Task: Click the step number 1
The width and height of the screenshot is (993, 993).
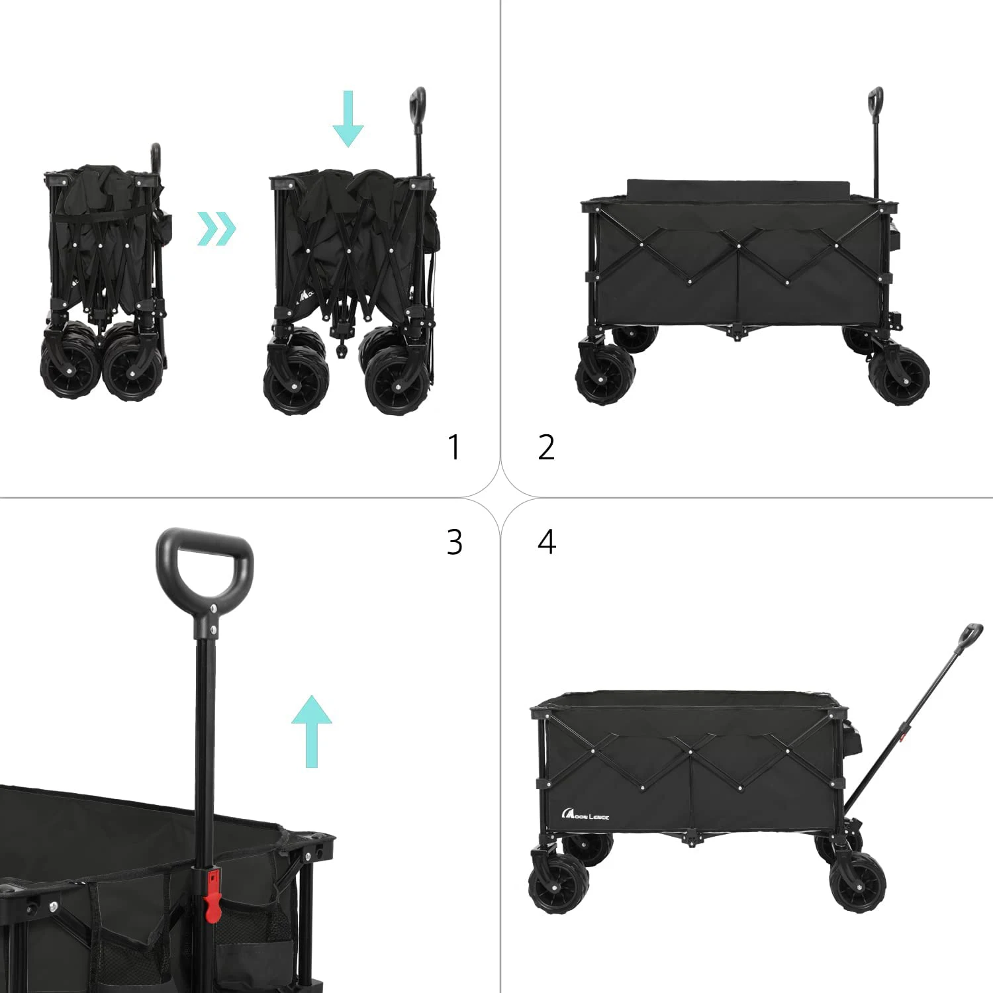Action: [x=454, y=448]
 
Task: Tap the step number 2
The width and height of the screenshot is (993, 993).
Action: [x=546, y=448]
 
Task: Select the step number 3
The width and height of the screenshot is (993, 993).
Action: [x=454, y=542]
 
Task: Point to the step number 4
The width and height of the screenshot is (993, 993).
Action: [x=547, y=542]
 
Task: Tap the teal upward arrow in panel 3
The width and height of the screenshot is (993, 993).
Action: [x=312, y=731]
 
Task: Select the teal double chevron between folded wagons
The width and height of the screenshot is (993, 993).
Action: [x=216, y=229]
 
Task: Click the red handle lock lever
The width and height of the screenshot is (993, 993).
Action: [x=213, y=891]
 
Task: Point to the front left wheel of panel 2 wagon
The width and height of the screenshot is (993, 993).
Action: [x=604, y=375]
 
